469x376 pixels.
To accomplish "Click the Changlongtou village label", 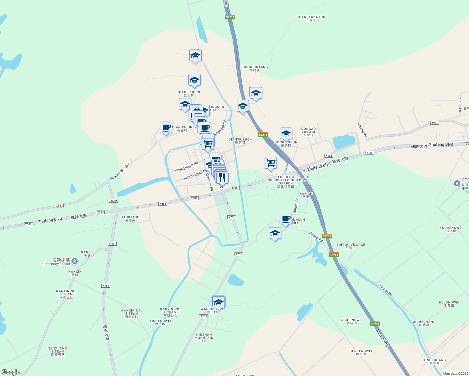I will [x=311, y=18].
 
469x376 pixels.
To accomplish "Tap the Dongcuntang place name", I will [x=255, y=68].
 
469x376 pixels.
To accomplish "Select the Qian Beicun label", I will [x=189, y=94].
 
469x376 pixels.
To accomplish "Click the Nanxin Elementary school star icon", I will [x=74, y=261].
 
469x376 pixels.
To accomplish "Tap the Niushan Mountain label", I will [x=204, y=337].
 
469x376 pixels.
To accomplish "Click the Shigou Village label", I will [x=350, y=246].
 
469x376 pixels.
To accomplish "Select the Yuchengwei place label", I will [x=451, y=229].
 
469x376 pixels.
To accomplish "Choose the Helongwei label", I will [x=449, y=304].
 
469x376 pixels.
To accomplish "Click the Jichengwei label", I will [x=352, y=321].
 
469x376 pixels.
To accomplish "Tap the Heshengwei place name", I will [x=361, y=352].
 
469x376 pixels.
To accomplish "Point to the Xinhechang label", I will [x=435, y=361].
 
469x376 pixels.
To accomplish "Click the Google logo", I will [x=11, y=372].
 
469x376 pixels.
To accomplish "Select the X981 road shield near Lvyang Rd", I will [x=434, y=123].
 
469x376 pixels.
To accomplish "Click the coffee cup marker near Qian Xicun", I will [x=166, y=128].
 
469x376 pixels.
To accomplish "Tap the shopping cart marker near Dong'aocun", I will [x=271, y=163].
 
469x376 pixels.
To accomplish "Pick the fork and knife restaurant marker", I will [x=222, y=178].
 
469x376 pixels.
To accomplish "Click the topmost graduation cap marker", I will [x=195, y=56].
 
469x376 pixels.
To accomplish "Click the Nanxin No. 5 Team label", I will [x=58, y=351].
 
